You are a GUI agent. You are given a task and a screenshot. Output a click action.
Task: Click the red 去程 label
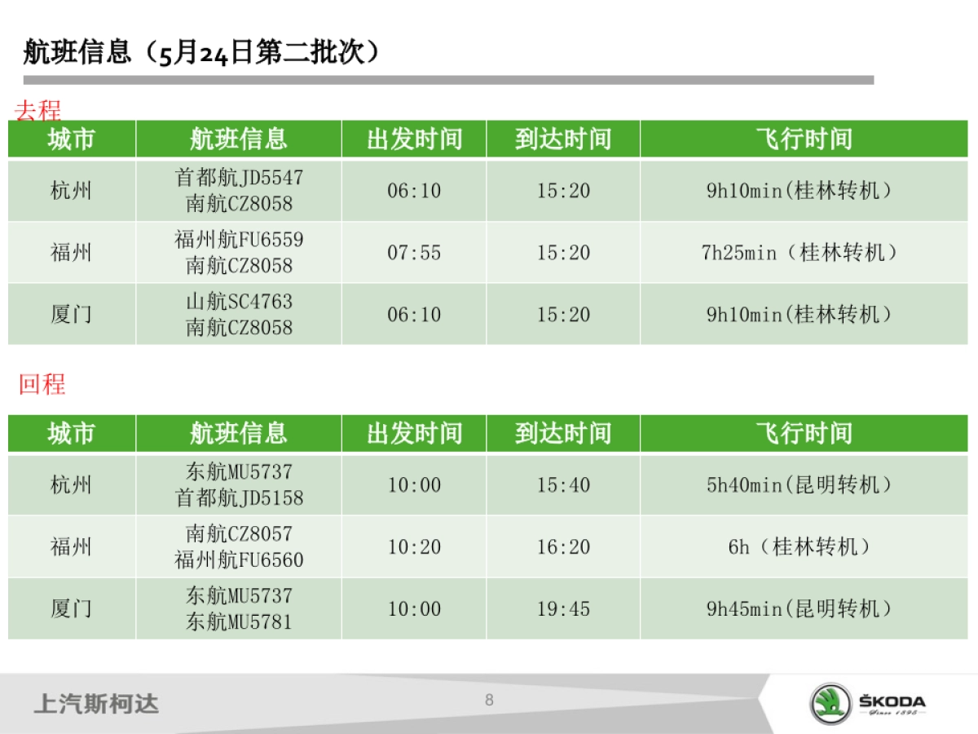coord(37,110)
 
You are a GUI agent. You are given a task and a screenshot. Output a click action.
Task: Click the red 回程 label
coord(42,383)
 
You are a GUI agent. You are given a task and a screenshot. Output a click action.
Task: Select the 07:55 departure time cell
coord(414,253)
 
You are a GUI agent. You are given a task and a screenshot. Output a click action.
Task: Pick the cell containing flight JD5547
coord(239,191)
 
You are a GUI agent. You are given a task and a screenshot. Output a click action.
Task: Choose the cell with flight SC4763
coord(239,314)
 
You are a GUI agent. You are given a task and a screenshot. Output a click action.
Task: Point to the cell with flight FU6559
coord(239,253)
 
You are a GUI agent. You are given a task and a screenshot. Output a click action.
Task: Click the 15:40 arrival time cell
coord(563,485)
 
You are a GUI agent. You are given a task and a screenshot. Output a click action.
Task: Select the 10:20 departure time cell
coord(414,547)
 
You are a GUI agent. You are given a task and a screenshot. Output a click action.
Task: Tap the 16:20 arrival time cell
coord(563,547)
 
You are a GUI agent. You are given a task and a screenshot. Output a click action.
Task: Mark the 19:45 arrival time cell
coord(563,608)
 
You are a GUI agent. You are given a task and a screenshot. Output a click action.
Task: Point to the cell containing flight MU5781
coord(239,608)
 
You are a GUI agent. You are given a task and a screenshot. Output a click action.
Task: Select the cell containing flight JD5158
coord(239,485)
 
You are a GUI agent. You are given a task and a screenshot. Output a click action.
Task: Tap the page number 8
coord(489,700)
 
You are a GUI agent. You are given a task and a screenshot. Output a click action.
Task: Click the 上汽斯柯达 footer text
coord(96,704)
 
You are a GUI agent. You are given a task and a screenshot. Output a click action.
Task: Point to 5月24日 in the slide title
coord(196,54)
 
